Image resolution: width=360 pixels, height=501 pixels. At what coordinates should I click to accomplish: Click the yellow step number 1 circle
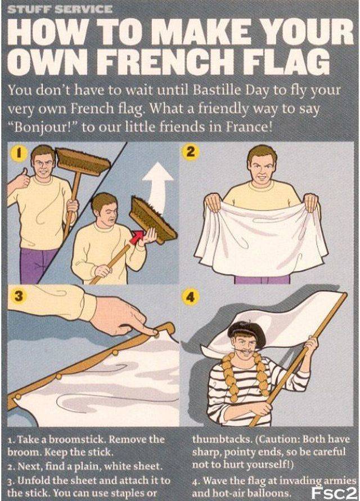[19, 153]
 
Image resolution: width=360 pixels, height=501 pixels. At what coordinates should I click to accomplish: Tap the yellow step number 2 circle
[190, 151]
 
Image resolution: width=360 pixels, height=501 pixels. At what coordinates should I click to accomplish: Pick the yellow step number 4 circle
[190, 297]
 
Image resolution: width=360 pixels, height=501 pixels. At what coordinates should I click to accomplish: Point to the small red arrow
[136, 238]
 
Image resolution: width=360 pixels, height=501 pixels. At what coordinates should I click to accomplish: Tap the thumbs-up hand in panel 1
[20, 180]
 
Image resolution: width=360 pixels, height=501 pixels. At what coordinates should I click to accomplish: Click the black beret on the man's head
[246, 333]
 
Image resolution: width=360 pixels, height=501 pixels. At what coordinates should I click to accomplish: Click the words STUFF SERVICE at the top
[60, 9]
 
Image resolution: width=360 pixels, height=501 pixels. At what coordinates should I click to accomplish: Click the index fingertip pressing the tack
[156, 333]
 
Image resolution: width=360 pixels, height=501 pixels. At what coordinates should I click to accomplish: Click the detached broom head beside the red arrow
[152, 221]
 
